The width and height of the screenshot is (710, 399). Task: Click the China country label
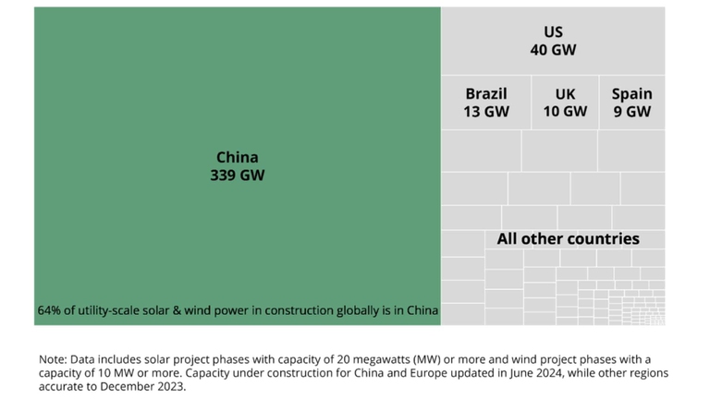click(x=237, y=157)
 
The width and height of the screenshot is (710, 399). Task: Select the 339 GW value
click(x=237, y=175)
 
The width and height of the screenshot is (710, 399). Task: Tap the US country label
click(x=553, y=32)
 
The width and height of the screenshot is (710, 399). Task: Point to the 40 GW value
click(x=553, y=50)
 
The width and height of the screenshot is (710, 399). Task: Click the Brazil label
click(x=486, y=93)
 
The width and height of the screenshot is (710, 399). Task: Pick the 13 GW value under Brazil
click(x=486, y=112)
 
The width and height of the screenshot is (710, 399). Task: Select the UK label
click(x=565, y=93)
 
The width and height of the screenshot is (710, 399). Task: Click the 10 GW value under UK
click(x=565, y=112)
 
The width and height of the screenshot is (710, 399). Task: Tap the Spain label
click(x=631, y=93)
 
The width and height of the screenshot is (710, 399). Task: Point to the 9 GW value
click(x=631, y=112)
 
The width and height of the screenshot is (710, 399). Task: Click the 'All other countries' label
click(x=568, y=239)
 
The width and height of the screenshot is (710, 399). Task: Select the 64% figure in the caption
click(x=49, y=311)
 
